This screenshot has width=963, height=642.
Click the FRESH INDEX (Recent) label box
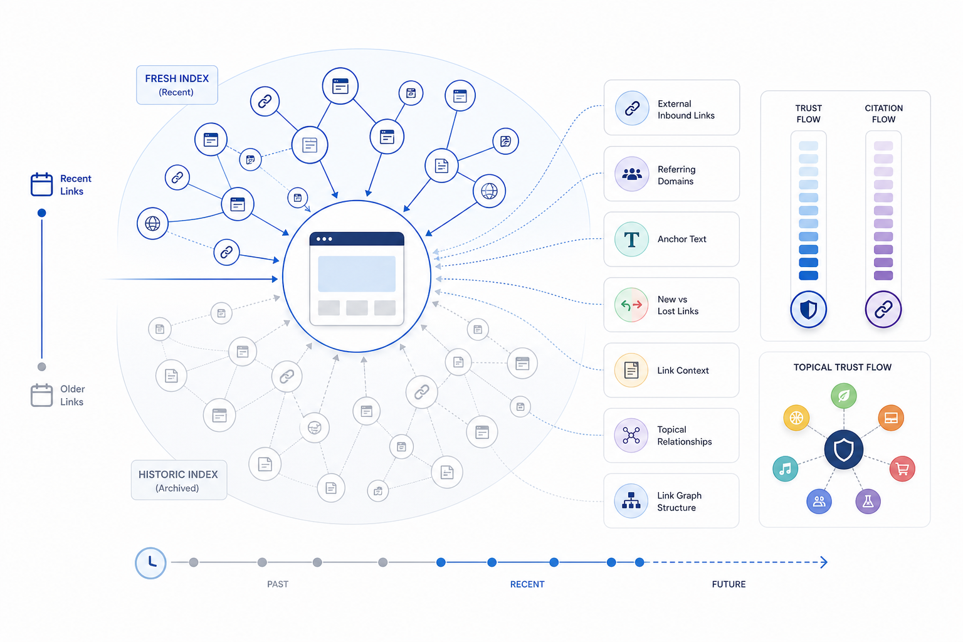[x=177, y=85]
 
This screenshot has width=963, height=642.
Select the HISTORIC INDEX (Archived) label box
[x=179, y=480]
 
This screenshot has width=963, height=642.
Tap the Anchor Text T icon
[x=631, y=239]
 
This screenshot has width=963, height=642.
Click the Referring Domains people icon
[x=631, y=174]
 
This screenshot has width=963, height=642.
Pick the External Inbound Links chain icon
[x=631, y=108]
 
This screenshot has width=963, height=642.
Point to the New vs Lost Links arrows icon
[x=631, y=305]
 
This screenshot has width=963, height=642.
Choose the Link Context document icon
[x=631, y=371]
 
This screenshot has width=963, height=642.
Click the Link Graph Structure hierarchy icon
[x=631, y=501]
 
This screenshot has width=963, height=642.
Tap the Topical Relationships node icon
[x=631, y=436]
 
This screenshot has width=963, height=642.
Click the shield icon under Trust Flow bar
[x=808, y=309]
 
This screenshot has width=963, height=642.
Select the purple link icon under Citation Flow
[x=883, y=309]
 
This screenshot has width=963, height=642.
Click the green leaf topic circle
[x=843, y=396]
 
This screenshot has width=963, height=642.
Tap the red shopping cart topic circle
[x=902, y=468]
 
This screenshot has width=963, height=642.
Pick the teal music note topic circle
[x=786, y=468]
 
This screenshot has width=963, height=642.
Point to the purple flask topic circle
[x=868, y=502]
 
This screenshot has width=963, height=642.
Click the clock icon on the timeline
[x=151, y=562]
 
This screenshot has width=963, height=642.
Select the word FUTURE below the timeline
[x=729, y=584]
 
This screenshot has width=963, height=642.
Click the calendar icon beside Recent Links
[x=42, y=184]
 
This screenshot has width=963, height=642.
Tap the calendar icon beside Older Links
[x=42, y=395]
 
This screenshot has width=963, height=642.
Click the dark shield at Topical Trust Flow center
[x=843, y=450]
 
